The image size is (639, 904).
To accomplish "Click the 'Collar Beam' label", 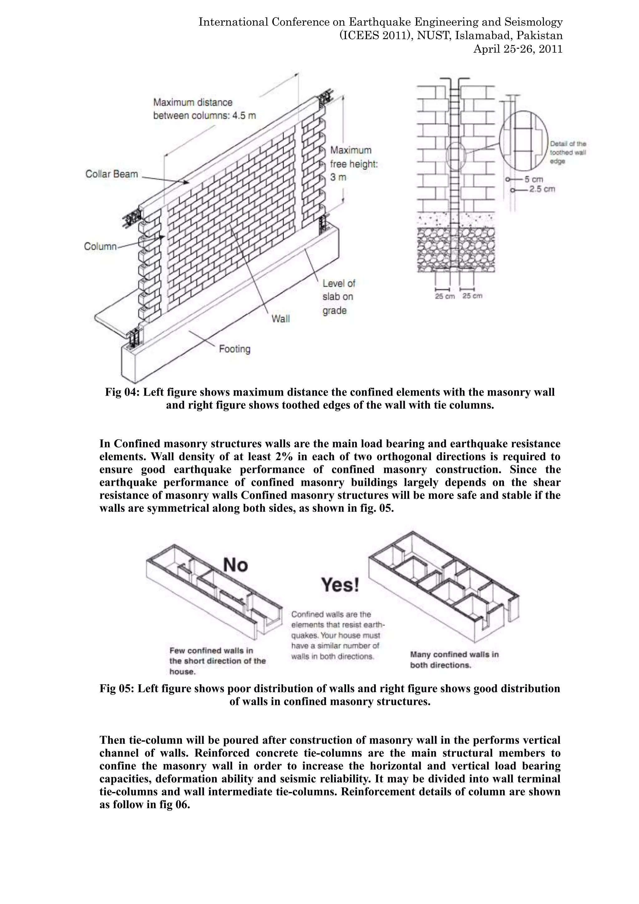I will tap(111, 174).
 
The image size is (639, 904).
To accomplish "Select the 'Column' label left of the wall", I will tap(100, 247).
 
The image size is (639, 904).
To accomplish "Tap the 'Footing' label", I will tap(235, 349).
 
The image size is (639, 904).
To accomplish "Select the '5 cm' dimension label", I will tap(534, 179).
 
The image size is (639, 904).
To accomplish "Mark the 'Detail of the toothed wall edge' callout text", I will tap(568, 153).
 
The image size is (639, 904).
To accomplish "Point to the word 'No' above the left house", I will tap(235, 565).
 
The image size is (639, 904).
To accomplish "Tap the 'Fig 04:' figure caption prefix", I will tap(122, 393).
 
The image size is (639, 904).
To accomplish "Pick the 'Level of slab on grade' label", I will tap(339, 297).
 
